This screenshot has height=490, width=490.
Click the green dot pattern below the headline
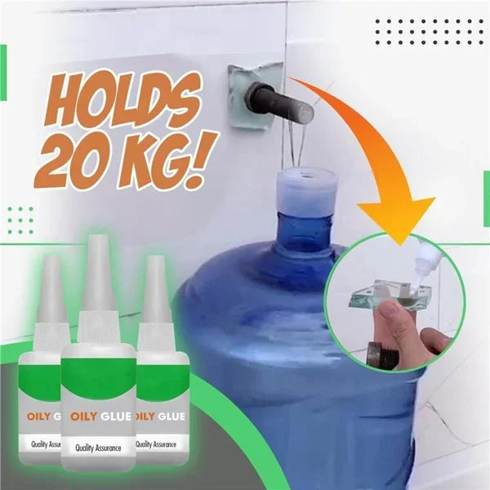point(20,220)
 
